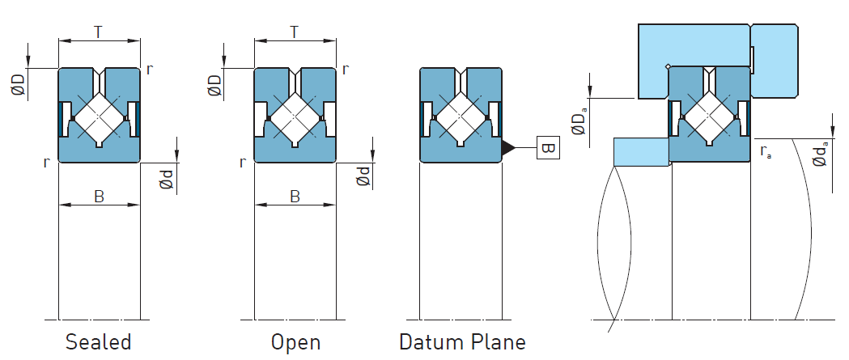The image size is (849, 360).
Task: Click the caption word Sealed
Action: tap(98, 341)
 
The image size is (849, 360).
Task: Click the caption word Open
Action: tap(295, 341)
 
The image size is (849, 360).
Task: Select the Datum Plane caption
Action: tap(462, 341)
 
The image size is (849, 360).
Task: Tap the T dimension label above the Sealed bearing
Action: tap(98, 32)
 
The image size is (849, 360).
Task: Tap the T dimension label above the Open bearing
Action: tap(294, 32)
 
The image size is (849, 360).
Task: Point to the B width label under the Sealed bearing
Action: tap(99, 196)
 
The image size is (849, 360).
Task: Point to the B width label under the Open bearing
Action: tap(295, 196)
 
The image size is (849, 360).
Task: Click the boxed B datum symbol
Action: tap(547, 149)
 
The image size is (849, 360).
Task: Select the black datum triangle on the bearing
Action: tap(508, 148)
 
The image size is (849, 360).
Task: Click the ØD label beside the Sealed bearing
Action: tap(19, 83)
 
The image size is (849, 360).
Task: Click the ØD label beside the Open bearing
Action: tap(214, 83)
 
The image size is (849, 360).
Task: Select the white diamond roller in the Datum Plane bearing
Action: tap(461, 116)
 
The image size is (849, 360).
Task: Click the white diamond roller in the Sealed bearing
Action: tap(99, 116)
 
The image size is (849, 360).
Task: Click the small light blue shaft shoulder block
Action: tap(640, 151)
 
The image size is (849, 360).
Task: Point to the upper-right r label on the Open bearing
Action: tap(346, 69)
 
